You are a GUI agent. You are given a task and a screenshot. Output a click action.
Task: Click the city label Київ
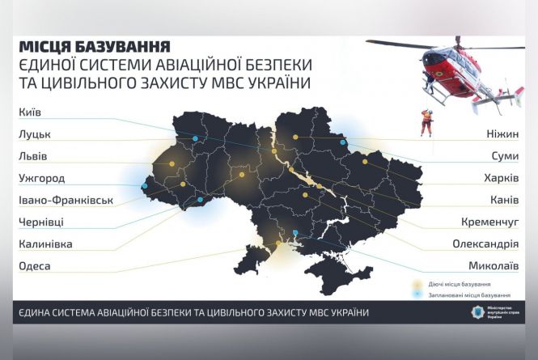(x=29, y=112)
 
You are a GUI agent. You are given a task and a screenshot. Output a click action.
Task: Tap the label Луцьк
(x=33, y=133)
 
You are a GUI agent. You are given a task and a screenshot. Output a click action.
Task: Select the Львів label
(x=32, y=155)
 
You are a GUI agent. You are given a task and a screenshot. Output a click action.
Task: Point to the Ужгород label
(x=41, y=178)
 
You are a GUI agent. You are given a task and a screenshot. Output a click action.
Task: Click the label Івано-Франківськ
(x=66, y=200)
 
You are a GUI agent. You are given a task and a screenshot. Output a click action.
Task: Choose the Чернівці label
(x=41, y=222)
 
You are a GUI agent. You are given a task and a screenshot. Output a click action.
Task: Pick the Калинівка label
(x=46, y=244)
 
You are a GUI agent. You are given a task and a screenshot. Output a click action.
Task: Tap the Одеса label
(x=34, y=265)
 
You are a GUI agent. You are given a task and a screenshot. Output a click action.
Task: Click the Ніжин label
(x=501, y=133)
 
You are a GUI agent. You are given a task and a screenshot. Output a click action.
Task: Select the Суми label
(x=503, y=155)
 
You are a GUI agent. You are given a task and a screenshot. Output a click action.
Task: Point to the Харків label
(x=498, y=178)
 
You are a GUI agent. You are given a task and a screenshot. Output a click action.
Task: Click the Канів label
(x=502, y=200)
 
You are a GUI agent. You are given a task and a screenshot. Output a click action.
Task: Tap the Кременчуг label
(x=488, y=222)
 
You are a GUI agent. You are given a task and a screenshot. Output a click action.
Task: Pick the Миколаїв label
(x=494, y=265)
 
